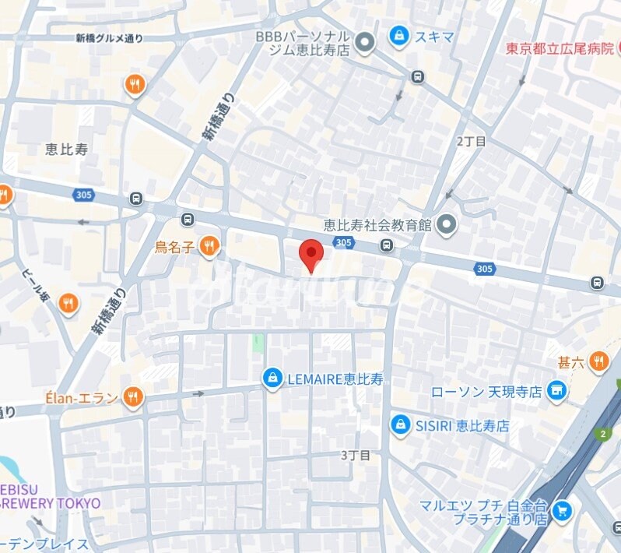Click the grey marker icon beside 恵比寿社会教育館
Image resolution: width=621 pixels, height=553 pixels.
tap(447, 226)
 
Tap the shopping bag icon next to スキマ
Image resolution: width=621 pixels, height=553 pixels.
tap(399, 35)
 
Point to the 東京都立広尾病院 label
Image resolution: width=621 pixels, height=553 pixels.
tap(560, 48)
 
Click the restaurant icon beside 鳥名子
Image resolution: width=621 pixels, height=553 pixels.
tap(209, 247)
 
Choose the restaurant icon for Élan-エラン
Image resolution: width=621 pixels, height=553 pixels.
tap(134, 398)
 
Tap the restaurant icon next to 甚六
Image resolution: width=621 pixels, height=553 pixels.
tap(598, 360)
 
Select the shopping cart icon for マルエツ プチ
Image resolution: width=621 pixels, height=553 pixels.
tap(562, 511)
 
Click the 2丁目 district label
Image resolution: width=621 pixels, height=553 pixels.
tap(471, 141)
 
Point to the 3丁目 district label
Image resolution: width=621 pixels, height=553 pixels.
tap(356, 454)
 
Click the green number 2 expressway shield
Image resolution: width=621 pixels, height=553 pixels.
tap(602, 434)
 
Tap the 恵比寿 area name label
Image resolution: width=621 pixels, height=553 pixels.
tap(66, 150)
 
